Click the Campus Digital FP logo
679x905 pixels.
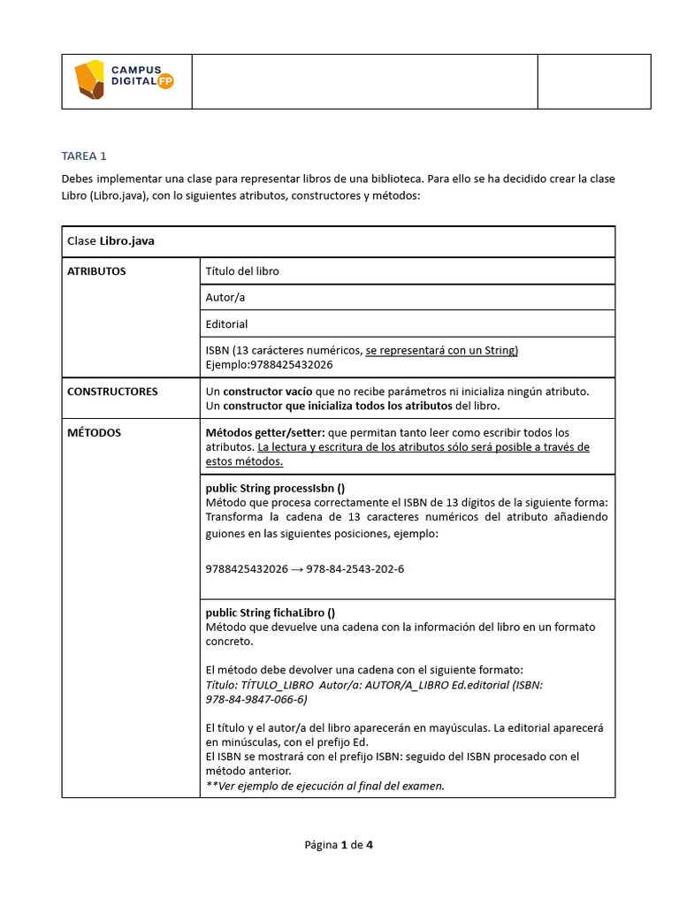click(125, 80)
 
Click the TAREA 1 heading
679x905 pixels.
click(84, 156)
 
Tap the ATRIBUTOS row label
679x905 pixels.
click(96, 271)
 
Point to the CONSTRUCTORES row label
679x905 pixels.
click(112, 391)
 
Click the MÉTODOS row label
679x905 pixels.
click(94, 433)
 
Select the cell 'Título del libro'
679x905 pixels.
click(241, 271)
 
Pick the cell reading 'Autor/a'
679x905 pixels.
click(225, 297)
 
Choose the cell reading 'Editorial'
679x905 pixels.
click(226, 323)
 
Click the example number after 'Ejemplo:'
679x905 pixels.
click(292, 364)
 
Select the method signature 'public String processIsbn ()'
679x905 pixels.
click(275, 488)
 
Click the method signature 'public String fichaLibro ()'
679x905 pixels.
click(270, 612)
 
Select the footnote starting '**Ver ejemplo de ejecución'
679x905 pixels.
click(324, 786)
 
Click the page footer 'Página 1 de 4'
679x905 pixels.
click(339, 845)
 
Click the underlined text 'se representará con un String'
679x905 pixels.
click(441, 350)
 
